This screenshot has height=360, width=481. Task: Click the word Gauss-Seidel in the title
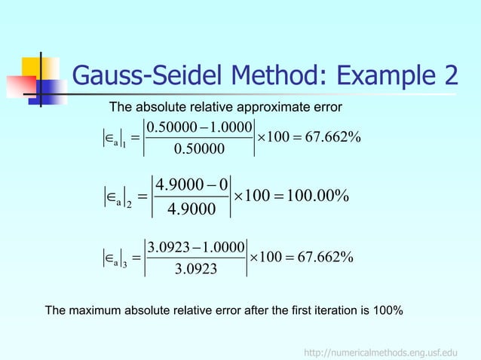146,76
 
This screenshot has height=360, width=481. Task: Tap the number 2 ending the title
449,76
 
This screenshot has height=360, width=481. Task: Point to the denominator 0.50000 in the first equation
199,149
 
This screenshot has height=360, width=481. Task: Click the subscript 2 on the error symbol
129,205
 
